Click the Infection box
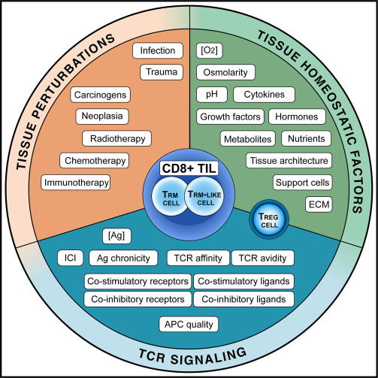[158, 51]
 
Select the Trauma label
[161, 73]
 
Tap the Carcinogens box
[101, 95]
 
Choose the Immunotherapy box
[86, 182]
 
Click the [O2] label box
[208, 51]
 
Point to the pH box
[211, 95]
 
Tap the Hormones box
[297, 117]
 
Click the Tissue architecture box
[289, 161]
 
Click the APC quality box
[189, 325]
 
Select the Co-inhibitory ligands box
[243, 299]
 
